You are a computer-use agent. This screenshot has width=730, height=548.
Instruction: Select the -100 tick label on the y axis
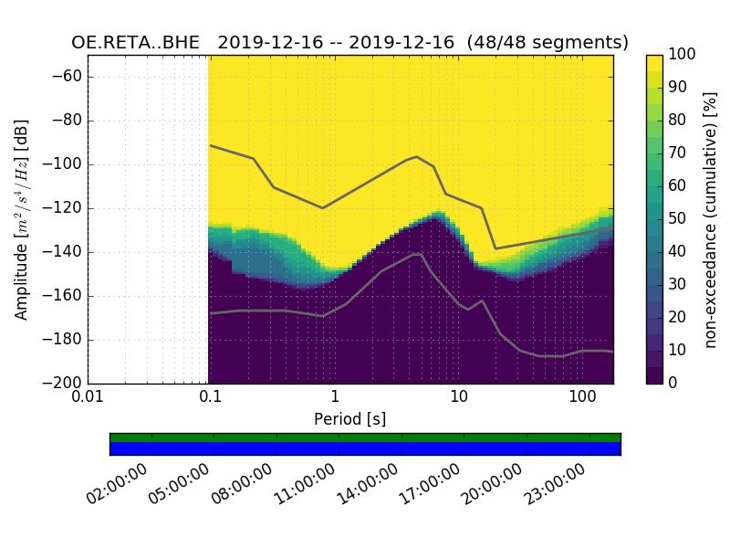tap(64, 164)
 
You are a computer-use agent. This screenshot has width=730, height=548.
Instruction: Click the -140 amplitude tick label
tap(64, 252)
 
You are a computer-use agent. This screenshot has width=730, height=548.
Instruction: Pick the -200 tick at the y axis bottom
tap(64, 383)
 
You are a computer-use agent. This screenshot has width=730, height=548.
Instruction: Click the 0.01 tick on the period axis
tap(88, 398)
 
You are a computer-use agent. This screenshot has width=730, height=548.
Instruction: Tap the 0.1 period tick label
tap(211, 398)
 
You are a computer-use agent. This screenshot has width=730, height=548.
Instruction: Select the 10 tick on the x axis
tap(459, 398)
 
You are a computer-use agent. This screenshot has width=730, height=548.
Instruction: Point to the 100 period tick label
tap(582, 398)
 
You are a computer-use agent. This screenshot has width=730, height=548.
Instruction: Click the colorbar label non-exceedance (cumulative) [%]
tap(712, 219)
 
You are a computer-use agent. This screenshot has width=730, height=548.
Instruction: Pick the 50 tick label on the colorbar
tap(679, 219)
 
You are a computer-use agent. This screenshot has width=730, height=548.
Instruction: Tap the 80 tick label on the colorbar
tap(679, 121)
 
